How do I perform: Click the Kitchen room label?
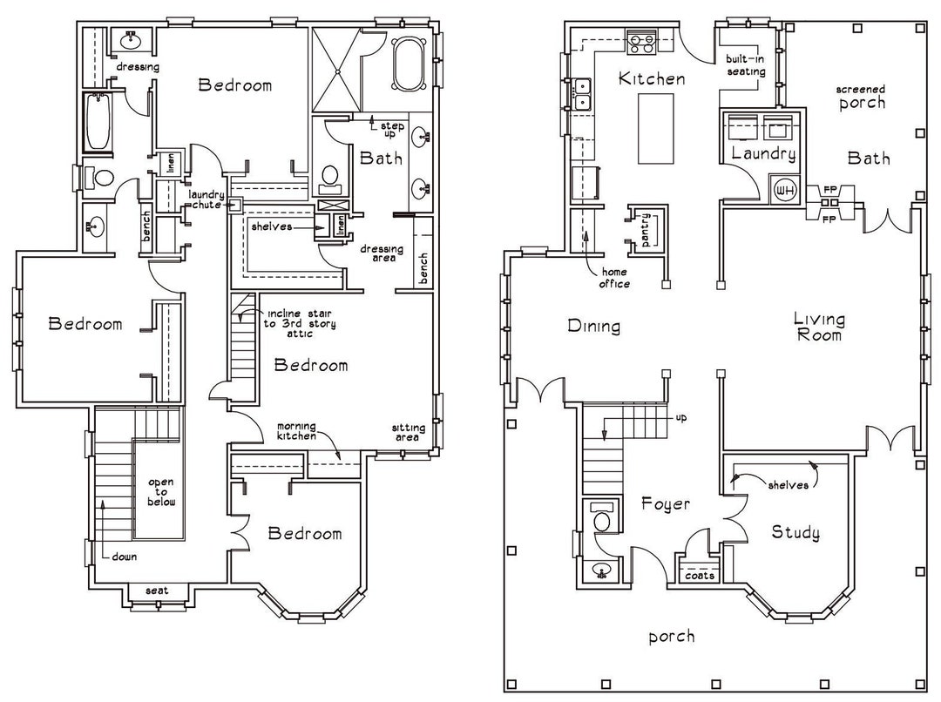coord(651,79)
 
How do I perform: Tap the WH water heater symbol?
coord(782,188)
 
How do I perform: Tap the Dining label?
coord(593,327)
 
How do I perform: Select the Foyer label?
coord(666,504)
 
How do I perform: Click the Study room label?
coord(795,533)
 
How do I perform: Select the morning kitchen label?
coord(296,431)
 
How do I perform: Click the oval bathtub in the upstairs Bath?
coord(408,63)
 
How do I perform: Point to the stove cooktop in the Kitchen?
coord(642,38)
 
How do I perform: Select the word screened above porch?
coord(861,90)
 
